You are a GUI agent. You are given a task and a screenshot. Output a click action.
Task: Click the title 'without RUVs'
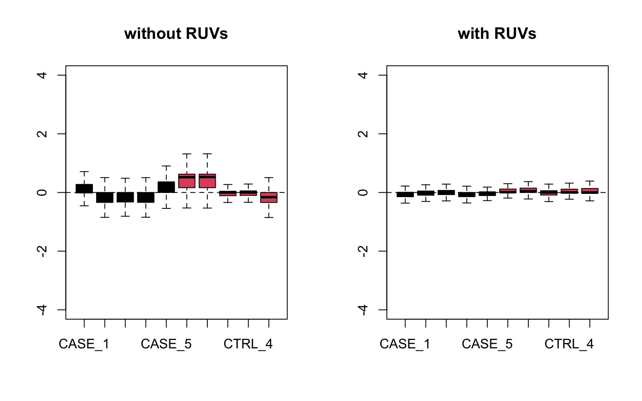click(x=176, y=33)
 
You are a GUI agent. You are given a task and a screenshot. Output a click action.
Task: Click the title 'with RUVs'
click(x=497, y=33)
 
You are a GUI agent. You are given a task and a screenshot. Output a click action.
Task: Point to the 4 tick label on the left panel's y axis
click(x=42, y=75)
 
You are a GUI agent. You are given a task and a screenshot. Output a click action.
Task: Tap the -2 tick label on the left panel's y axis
click(x=42, y=251)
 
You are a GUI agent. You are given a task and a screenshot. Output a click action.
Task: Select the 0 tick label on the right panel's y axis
click(x=363, y=193)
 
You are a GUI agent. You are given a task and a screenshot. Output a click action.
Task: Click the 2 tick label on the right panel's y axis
click(x=363, y=134)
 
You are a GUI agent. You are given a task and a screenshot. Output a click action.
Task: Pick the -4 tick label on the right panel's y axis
click(x=363, y=310)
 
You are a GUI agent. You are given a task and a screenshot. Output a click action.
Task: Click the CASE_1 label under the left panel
click(x=84, y=344)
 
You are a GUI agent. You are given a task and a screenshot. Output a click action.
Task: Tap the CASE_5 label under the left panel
click(x=166, y=344)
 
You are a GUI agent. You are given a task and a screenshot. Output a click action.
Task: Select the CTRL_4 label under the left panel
click(x=248, y=344)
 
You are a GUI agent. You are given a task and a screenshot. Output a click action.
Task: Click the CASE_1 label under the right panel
click(x=405, y=344)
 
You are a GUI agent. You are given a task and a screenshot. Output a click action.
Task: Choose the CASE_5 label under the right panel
click(x=487, y=344)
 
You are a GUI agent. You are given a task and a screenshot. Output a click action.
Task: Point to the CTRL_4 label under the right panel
click(x=569, y=344)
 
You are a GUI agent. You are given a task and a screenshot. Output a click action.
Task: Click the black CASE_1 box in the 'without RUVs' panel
click(x=84, y=188)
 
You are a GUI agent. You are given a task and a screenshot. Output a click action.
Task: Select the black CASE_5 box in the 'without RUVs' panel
click(x=166, y=187)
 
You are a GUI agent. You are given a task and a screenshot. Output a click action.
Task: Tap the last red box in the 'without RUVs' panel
click(x=269, y=198)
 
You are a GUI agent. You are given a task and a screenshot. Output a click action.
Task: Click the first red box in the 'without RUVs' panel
click(x=187, y=181)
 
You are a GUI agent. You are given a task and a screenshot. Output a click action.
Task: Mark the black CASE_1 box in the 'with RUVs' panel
click(x=405, y=194)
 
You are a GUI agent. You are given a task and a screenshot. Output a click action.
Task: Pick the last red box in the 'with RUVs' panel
click(x=590, y=191)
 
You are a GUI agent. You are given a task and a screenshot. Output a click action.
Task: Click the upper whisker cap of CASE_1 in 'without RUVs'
click(x=84, y=172)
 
